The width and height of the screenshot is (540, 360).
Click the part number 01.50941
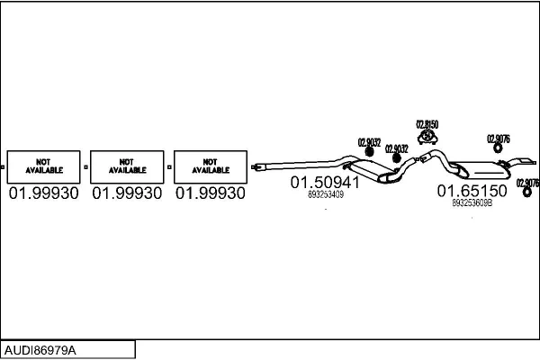point(325,182)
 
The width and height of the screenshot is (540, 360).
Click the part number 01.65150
point(472,191)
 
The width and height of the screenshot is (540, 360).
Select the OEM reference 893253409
point(325,193)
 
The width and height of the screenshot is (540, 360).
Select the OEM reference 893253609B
point(472,202)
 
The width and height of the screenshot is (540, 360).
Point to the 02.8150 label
point(427,123)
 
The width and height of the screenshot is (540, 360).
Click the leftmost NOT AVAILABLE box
point(43,165)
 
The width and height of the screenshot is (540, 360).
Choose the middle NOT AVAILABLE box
point(127,165)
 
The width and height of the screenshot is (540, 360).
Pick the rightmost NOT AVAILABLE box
point(211,165)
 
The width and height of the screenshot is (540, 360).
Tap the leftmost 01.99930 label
point(43,193)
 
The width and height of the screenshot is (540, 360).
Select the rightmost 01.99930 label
point(211,193)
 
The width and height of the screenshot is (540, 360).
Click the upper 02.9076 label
point(499,139)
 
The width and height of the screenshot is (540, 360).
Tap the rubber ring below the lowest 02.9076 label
point(527,190)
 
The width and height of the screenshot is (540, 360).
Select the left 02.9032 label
point(370,141)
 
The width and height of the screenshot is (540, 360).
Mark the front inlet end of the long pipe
point(258,166)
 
